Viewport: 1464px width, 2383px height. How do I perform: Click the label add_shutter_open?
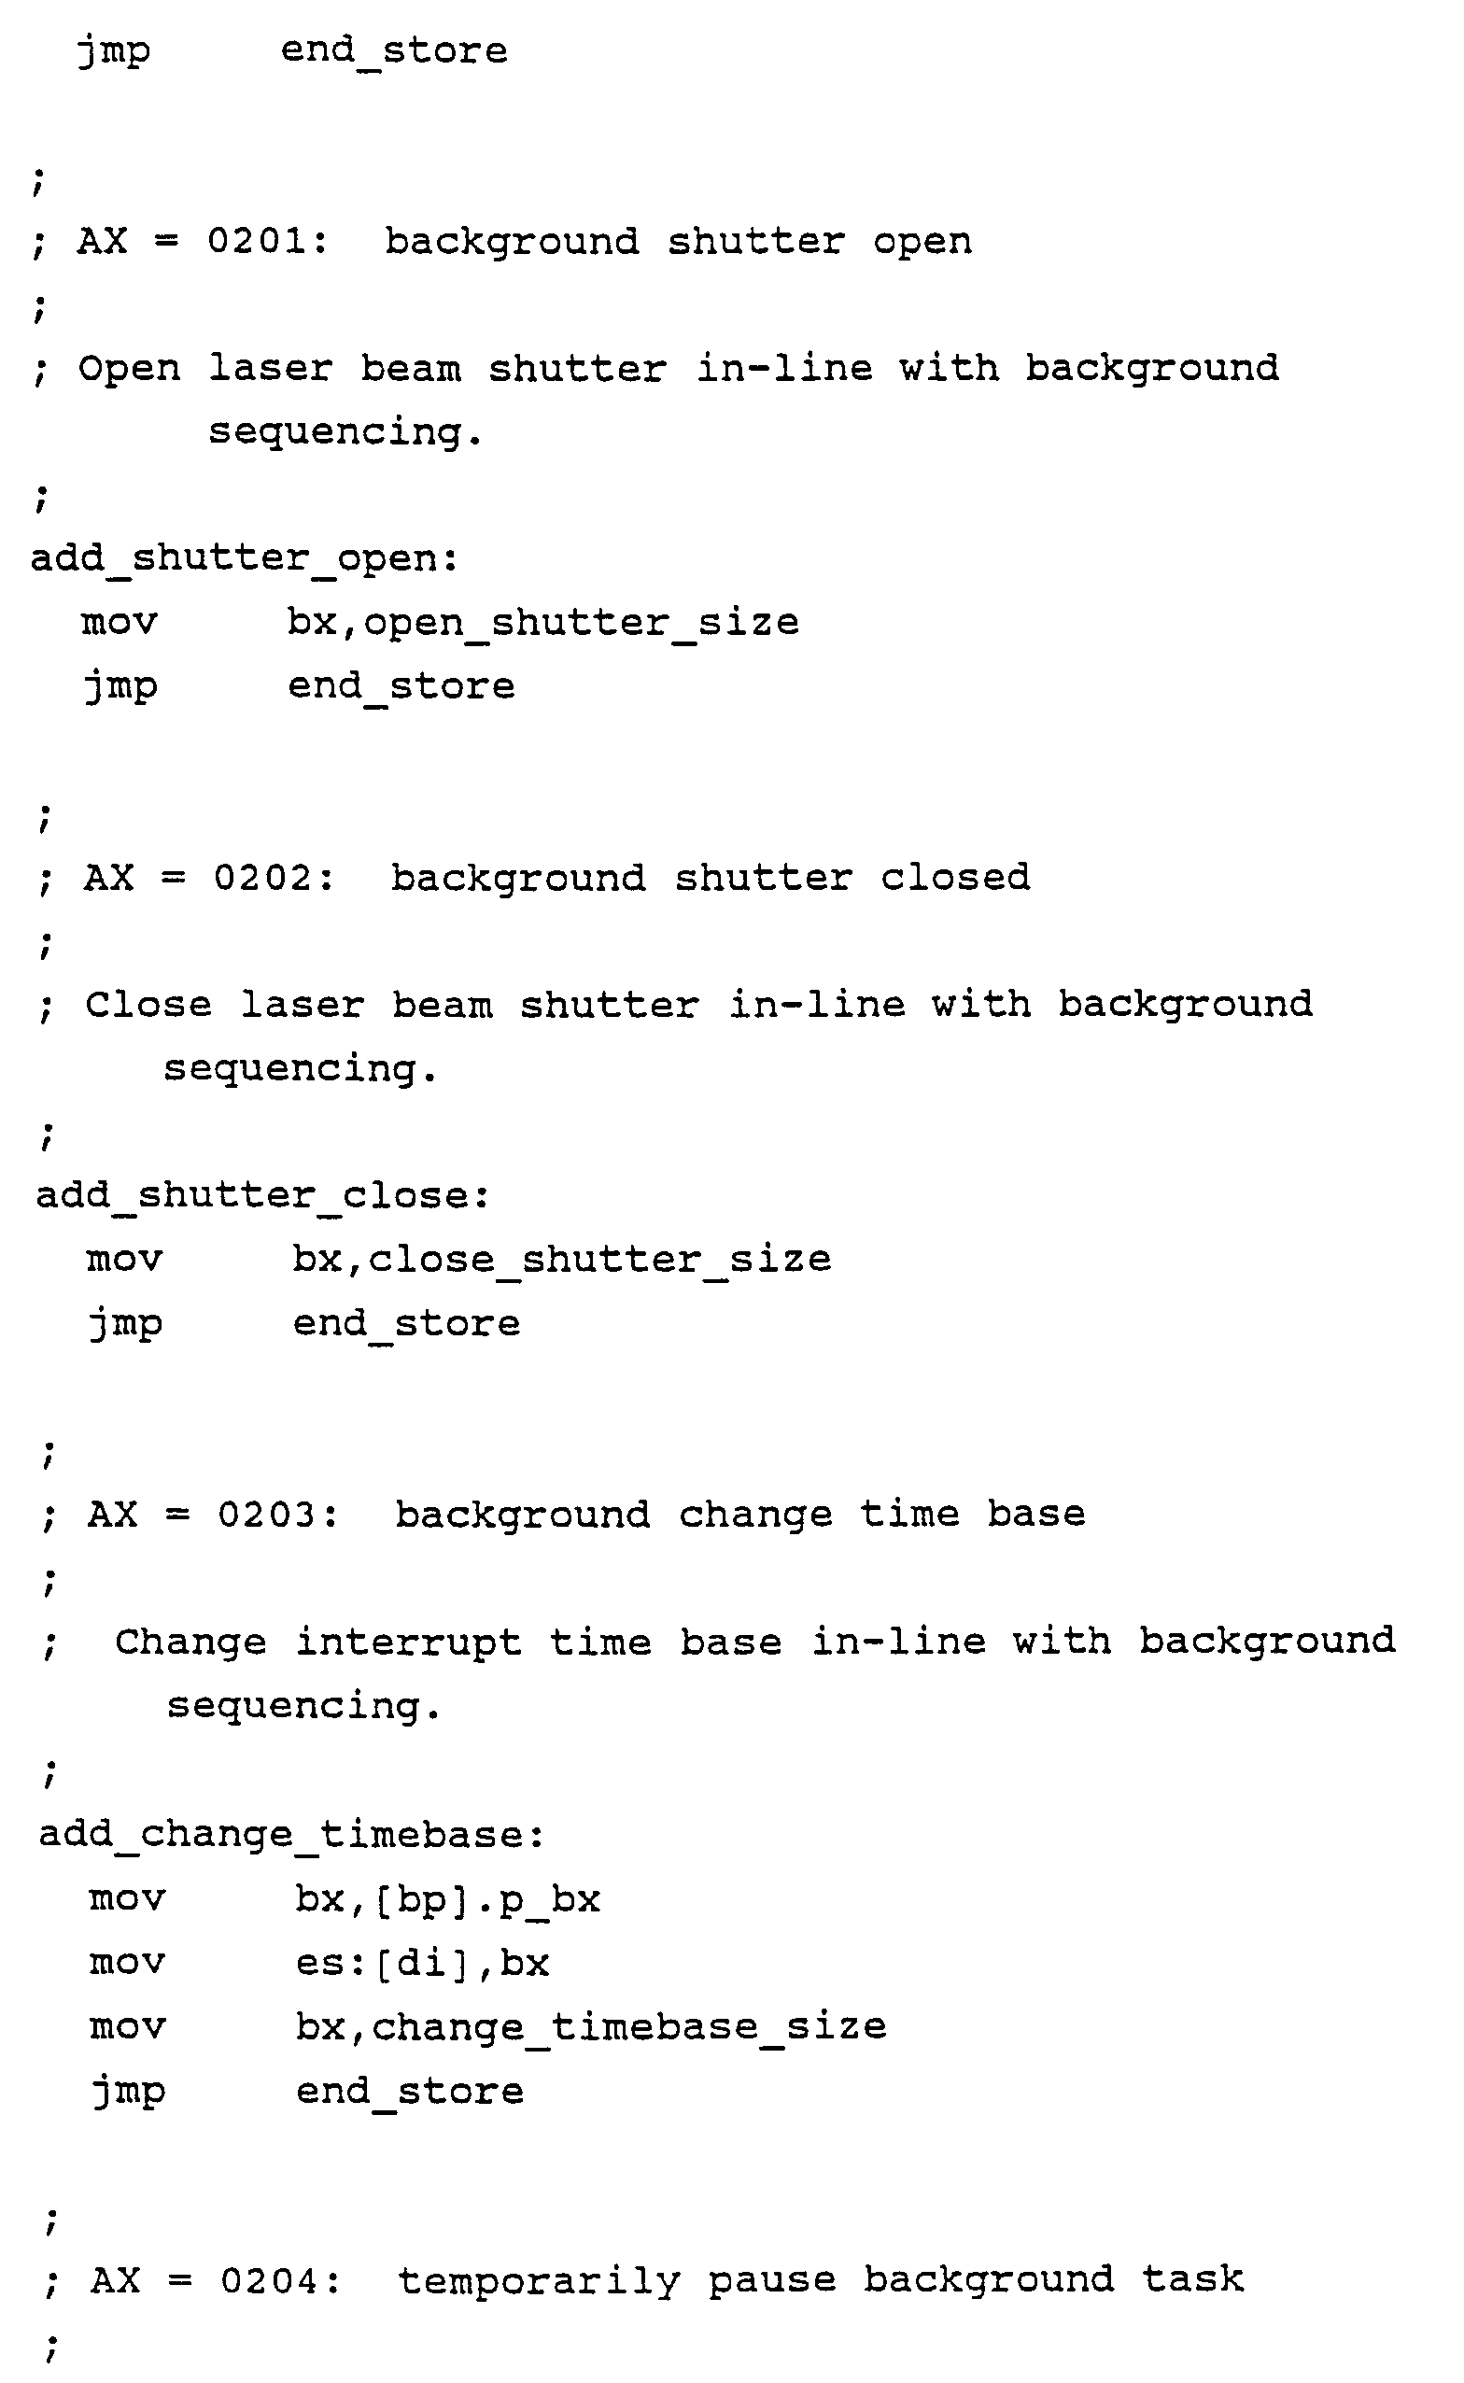click(245, 558)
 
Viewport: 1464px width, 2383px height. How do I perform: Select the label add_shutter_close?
click(263, 1196)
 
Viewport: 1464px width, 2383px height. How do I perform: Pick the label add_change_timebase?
click(291, 1835)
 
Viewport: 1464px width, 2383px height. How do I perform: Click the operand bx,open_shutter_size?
click(543, 623)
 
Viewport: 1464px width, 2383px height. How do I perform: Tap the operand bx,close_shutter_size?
click(561, 1260)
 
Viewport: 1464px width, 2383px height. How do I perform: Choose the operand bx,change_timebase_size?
click(591, 2026)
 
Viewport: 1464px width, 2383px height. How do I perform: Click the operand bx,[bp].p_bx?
click(447, 1899)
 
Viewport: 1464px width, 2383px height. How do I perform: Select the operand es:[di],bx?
click(422, 1963)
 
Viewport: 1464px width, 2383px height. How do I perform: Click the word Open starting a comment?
click(129, 369)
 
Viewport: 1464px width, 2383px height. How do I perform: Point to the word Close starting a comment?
click(148, 1005)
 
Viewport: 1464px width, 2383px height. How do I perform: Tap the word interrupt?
click(408, 1643)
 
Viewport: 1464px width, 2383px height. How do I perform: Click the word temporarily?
click(540, 2281)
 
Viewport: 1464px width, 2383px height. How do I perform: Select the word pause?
click(772, 2280)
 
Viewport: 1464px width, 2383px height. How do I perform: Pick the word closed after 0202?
click(955, 878)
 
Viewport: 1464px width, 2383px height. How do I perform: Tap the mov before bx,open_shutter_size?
click(120, 623)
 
